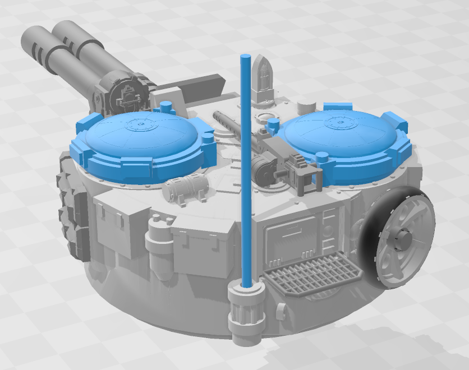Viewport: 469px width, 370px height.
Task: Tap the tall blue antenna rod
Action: click(x=246, y=168)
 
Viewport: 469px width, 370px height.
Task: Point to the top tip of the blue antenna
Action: click(x=245, y=57)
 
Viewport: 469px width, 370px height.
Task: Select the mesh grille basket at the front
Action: click(x=310, y=275)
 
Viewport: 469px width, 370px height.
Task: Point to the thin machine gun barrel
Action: click(x=230, y=126)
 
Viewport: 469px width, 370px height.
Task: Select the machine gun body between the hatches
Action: click(x=278, y=160)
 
